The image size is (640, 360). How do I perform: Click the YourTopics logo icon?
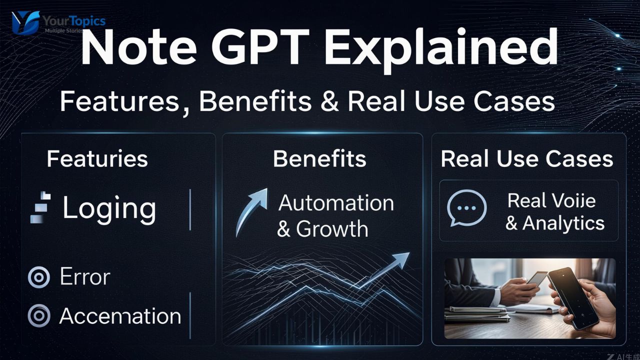pos(25,22)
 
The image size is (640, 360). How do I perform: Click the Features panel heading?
pos(97,159)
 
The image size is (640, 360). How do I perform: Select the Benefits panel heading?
pos(319,159)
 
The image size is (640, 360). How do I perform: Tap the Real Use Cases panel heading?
pos(527,159)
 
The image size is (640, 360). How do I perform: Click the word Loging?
pos(109,208)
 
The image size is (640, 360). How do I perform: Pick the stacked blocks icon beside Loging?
pos(41,207)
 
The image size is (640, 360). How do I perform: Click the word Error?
pos(84,276)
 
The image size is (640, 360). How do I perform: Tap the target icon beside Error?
pos(39,277)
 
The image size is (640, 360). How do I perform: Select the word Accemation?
pos(120,316)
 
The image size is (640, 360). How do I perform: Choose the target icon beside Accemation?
pos(39,316)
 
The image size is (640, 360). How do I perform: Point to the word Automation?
pos(336,202)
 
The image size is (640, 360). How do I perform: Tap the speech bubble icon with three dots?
pos(466,207)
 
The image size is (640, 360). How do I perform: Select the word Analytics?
pos(563,223)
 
